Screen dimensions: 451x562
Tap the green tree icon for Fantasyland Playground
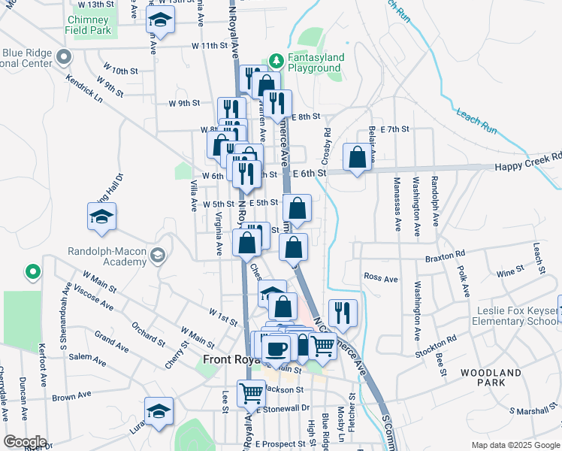pyautogui.click(x=275, y=59)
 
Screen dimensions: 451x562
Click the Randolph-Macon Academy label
pyautogui.click(x=96, y=256)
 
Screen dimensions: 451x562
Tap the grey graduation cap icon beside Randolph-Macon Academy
pyautogui.click(x=157, y=256)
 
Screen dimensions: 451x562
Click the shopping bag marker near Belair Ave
pyautogui.click(x=358, y=158)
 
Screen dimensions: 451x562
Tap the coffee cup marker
pyautogui.click(x=276, y=347)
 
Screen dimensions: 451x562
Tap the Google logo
pyautogui.click(x=25, y=442)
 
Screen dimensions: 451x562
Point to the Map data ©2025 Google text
pyautogui.click(x=514, y=445)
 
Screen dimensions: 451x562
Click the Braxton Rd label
pyautogui.click(x=450, y=256)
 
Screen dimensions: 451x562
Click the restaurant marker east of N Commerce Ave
pyautogui.click(x=343, y=313)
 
